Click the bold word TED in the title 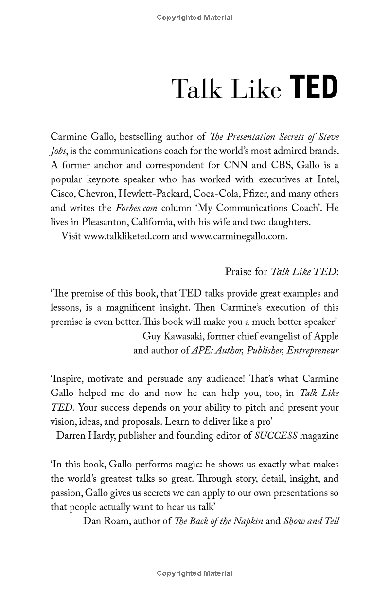[x=314, y=88]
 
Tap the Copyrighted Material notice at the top [x=194, y=18]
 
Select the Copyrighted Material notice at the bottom [x=194, y=573]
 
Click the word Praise [x=239, y=271]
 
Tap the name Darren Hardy [x=85, y=436]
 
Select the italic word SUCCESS [x=276, y=436]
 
